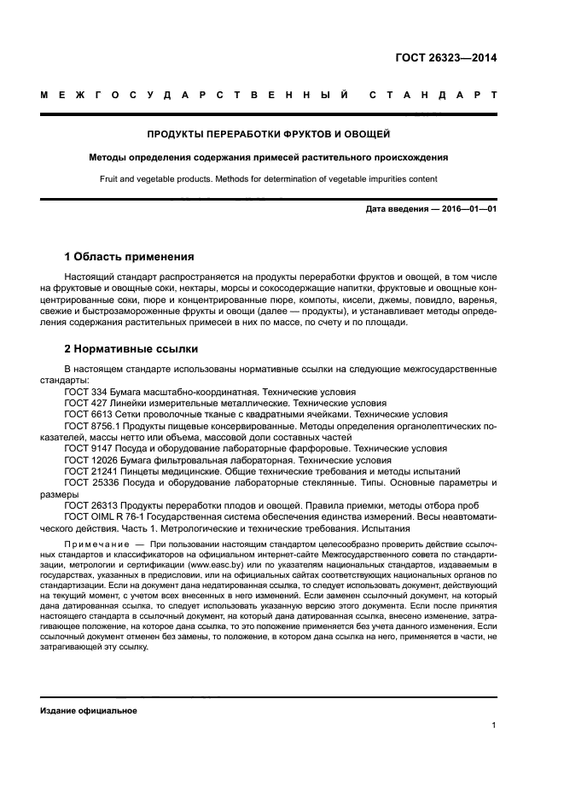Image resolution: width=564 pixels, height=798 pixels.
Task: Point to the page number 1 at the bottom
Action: tap(494, 725)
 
